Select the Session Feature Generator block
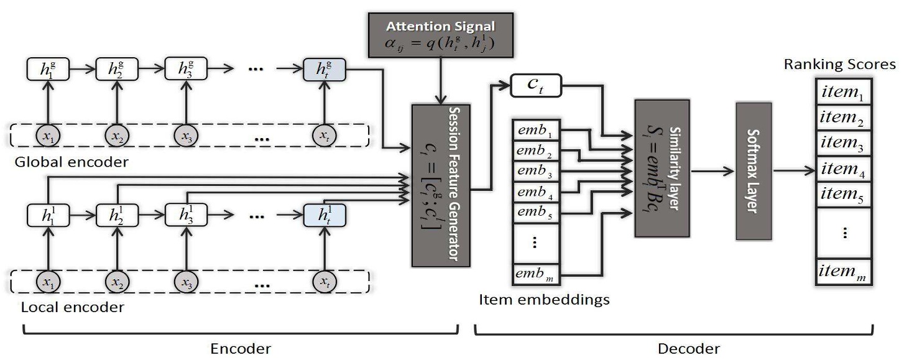pyautogui.click(x=441, y=184)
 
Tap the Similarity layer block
pyautogui.click(x=662, y=168)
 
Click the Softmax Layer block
pyautogui.click(x=753, y=171)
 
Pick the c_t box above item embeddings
pyautogui.click(x=536, y=86)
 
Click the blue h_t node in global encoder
pyautogui.click(x=323, y=69)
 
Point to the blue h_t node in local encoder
pyautogui.click(x=323, y=215)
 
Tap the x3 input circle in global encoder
pyautogui.click(x=185, y=134)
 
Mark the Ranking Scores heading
pyautogui.click(x=839, y=64)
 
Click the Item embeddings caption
pyautogui.click(x=544, y=300)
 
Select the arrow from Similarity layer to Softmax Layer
pyautogui.click(x=712, y=171)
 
